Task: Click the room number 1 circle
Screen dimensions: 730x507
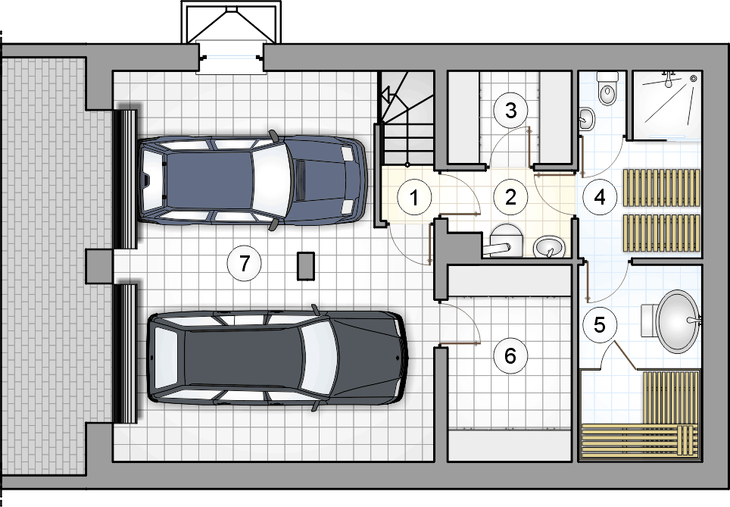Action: point(414,198)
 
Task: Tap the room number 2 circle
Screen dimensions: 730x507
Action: point(510,197)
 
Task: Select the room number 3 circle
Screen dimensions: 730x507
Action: point(510,111)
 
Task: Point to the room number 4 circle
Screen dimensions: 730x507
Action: point(600,197)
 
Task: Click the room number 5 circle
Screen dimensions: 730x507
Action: point(600,324)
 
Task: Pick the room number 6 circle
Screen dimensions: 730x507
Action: point(510,356)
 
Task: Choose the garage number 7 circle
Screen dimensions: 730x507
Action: point(245,264)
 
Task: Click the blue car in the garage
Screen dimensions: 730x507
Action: point(252,180)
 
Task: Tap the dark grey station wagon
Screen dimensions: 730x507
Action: point(277,358)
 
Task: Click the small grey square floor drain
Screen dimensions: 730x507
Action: point(306,266)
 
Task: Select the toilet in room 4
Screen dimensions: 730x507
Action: point(607,88)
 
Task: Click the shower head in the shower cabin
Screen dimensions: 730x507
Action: point(669,80)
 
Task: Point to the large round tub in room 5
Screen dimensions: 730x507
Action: point(678,321)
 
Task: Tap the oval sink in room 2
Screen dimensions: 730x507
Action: point(549,246)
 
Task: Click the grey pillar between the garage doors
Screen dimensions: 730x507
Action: point(99,266)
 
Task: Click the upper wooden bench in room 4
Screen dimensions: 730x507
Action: point(662,187)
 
